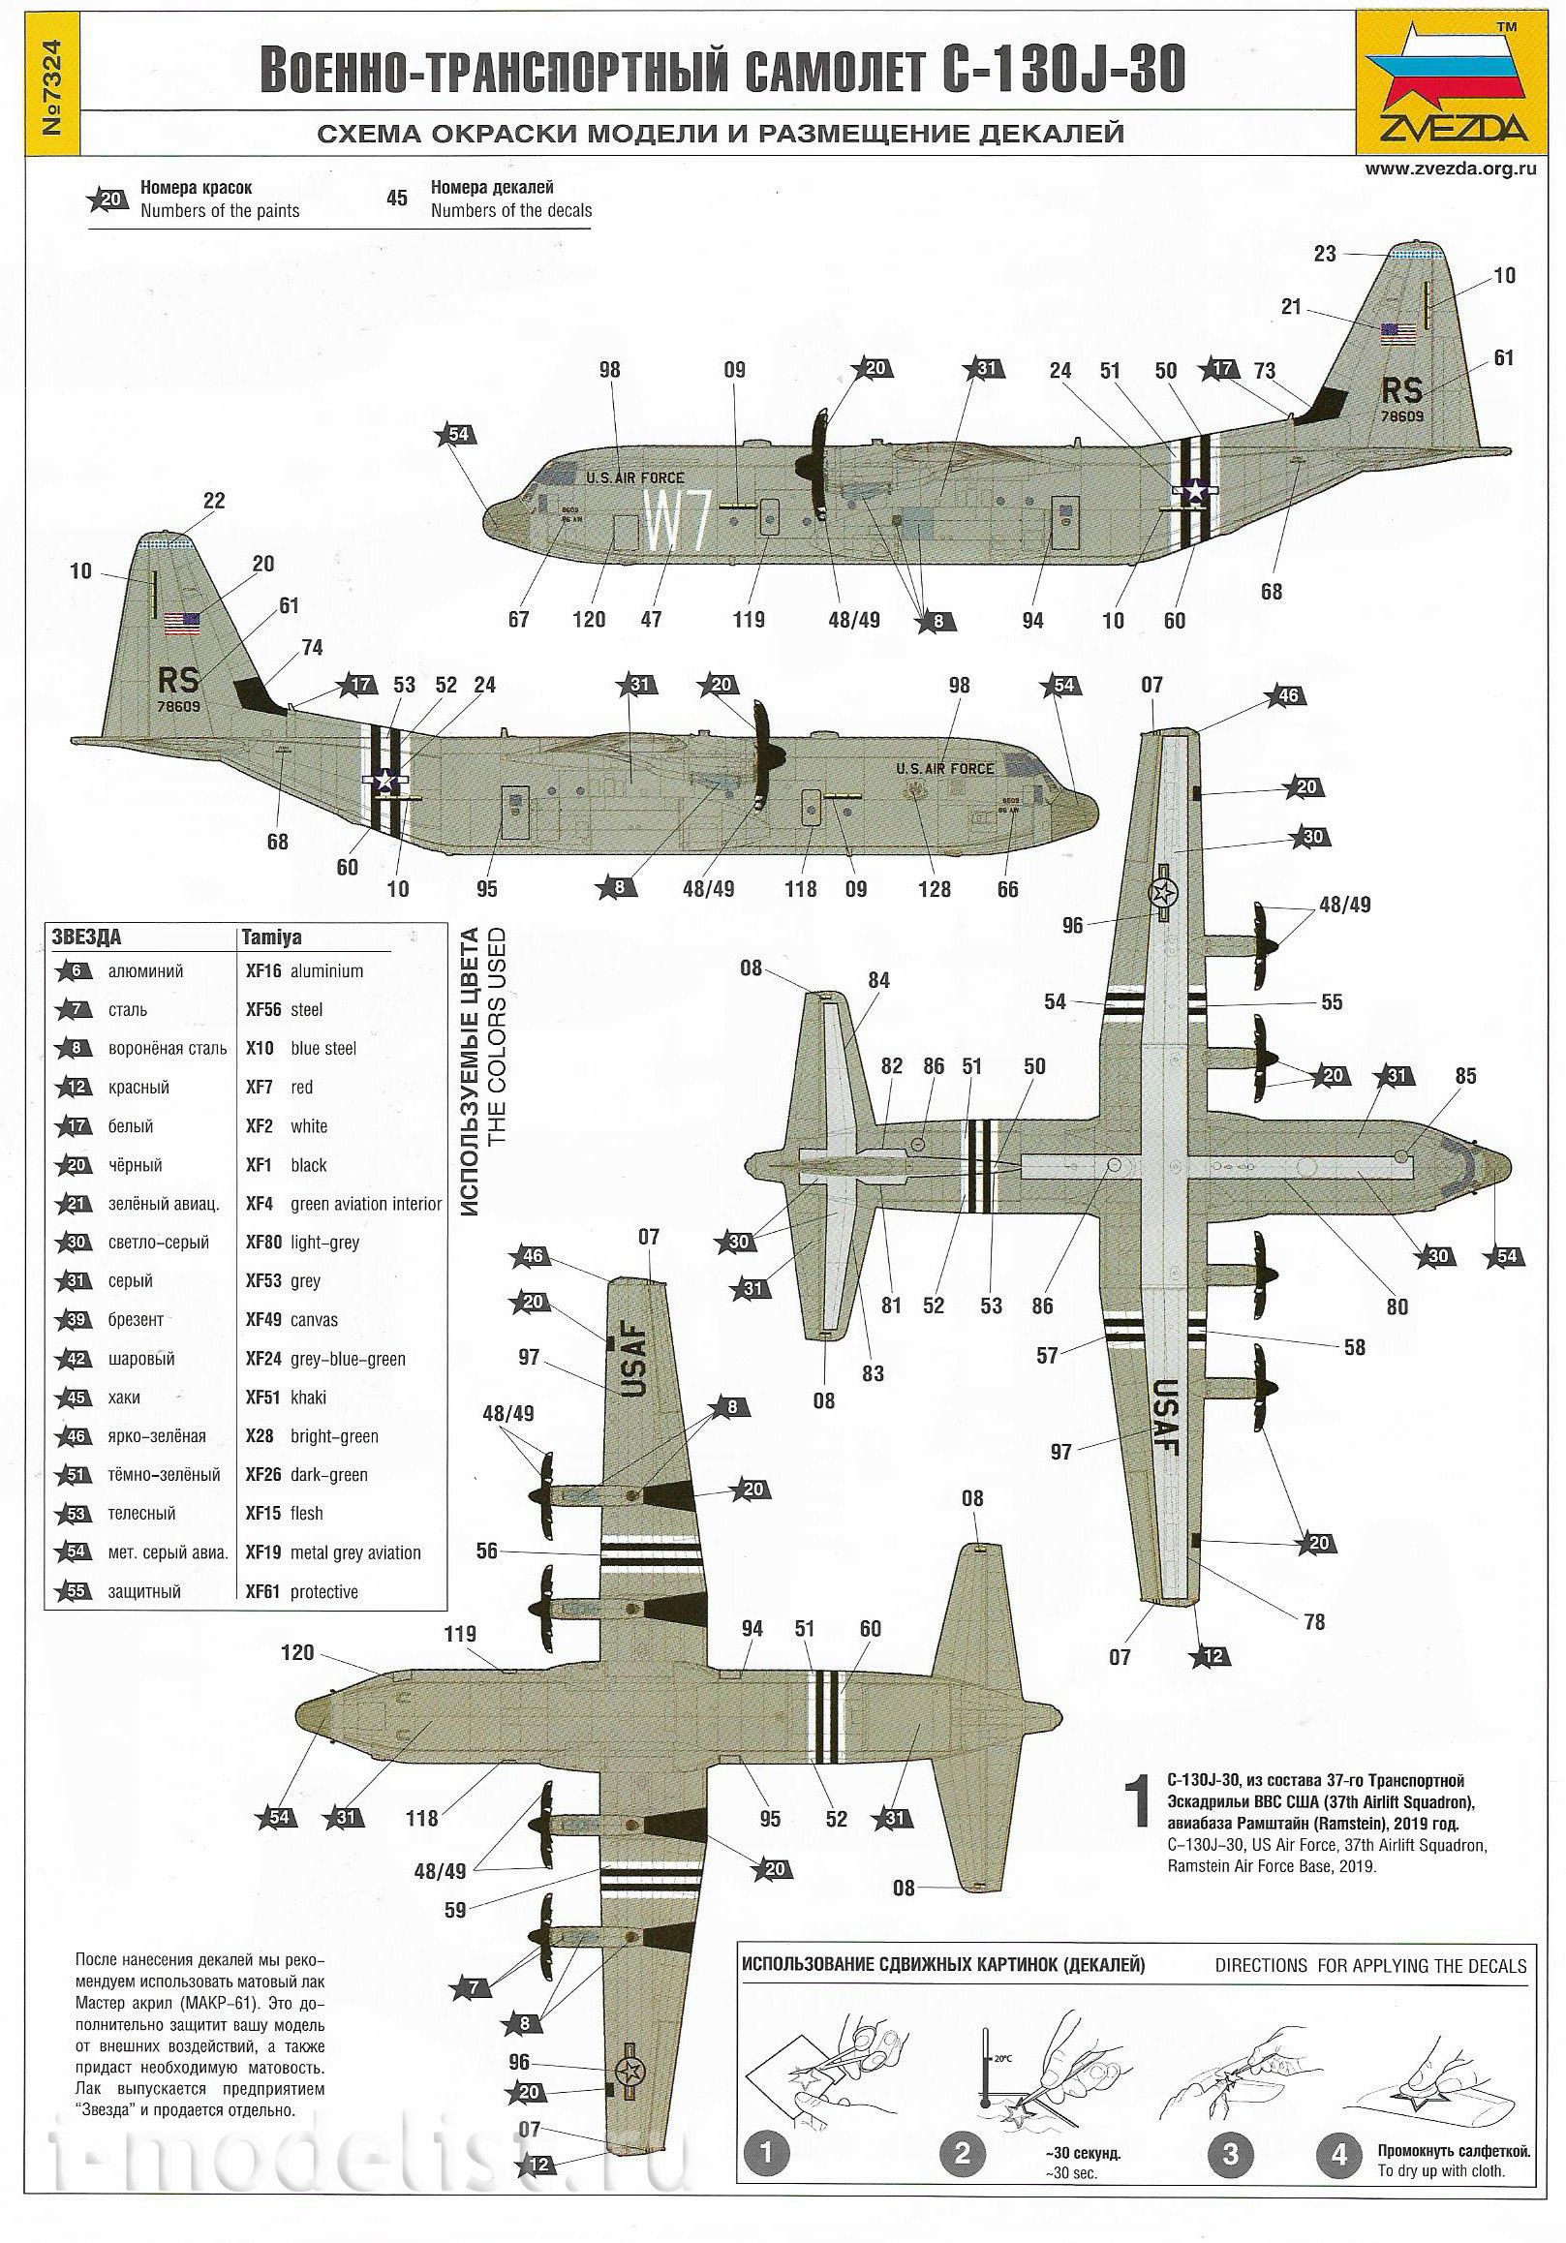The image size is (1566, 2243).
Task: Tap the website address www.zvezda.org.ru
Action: pyautogui.click(x=1451, y=169)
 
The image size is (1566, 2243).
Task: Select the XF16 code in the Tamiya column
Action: pyautogui.click(x=262, y=971)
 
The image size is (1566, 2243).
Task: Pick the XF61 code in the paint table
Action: pyautogui.click(x=262, y=1591)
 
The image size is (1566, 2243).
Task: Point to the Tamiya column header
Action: pyautogui.click(x=271, y=937)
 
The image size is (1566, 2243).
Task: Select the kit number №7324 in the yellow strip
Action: pyautogui.click(x=53, y=88)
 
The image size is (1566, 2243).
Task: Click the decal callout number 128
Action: pyautogui.click(x=935, y=889)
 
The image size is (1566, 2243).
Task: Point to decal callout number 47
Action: pyautogui.click(x=651, y=620)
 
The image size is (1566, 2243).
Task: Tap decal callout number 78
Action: pyautogui.click(x=1314, y=1621)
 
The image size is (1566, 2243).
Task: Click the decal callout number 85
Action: pyautogui.click(x=1465, y=1076)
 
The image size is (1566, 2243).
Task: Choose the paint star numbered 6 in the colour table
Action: pyautogui.click(x=76, y=971)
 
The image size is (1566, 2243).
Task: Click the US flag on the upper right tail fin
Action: pyautogui.click(x=1397, y=334)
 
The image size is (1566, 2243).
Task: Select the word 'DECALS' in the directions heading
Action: pyautogui.click(x=1493, y=1966)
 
